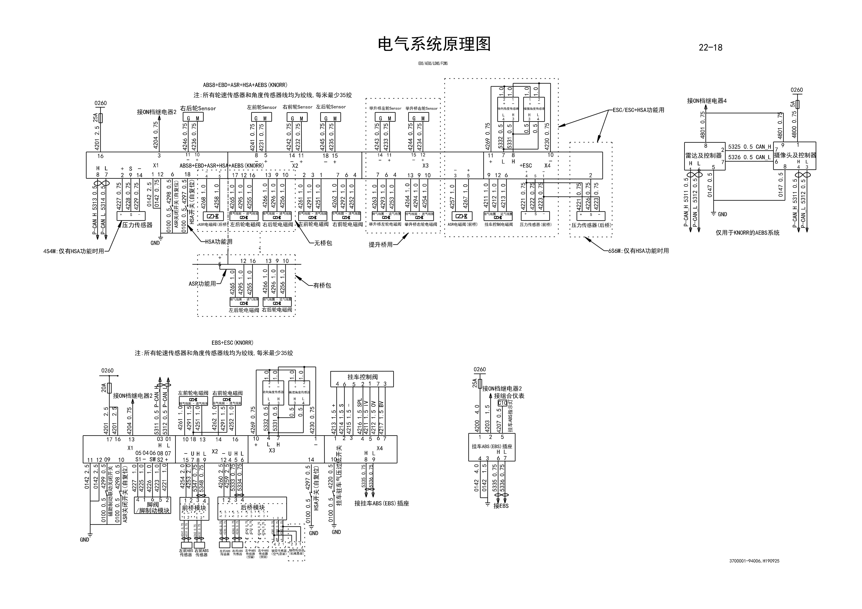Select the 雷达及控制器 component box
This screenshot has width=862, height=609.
(704, 156)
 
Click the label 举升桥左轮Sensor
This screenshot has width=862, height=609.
(385, 108)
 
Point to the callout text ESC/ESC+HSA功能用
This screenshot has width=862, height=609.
(638, 110)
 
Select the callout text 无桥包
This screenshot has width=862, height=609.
(323, 243)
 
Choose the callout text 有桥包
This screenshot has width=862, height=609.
(322, 286)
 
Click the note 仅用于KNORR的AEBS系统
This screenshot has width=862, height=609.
(747, 233)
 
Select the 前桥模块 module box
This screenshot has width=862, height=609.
(194, 508)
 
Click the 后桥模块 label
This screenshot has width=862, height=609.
(253, 507)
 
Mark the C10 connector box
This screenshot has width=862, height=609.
(502, 403)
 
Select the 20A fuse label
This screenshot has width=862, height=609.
(104, 387)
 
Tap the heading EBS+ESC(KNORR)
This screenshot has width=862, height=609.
(232, 343)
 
